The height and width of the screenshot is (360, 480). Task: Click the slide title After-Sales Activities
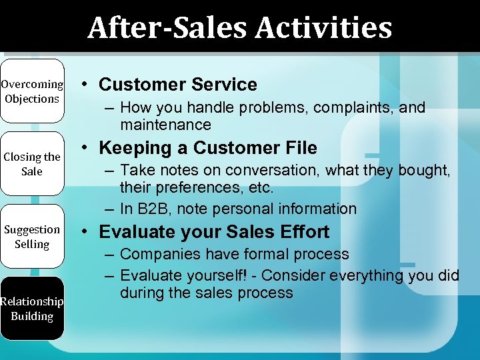pyautogui.click(x=239, y=28)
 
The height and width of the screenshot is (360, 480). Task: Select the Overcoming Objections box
pyautogui.click(x=32, y=91)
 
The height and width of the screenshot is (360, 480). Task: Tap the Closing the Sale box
pyautogui.click(x=32, y=164)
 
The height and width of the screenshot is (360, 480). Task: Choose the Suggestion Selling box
pyautogui.click(x=32, y=237)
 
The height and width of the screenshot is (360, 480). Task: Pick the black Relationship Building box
pyautogui.click(x=32, y=309)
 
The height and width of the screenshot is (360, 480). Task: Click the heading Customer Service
pyautogui.click(x=177, y=85)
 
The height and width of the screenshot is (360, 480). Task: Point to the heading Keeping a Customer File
pyautogui.click(x=208, y=148)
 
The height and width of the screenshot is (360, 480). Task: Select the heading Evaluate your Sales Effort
pyautogui.click(x=214, y=232)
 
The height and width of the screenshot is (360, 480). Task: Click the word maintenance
pyautogui.click(x=165, y=125)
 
